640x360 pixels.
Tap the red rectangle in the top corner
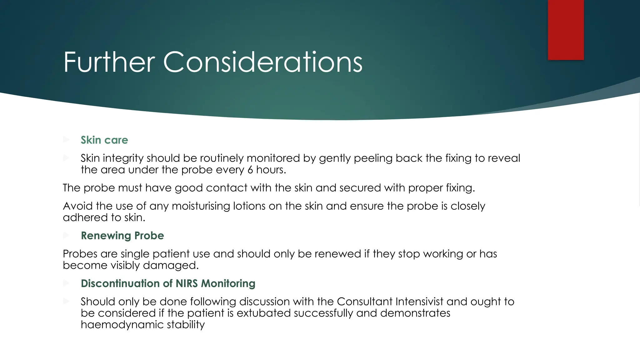(566, 30)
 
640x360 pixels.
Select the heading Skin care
(104, 140)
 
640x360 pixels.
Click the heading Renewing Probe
(122, 236)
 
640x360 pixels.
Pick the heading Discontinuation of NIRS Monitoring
(168, 283)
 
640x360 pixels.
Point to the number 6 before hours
(250, 170)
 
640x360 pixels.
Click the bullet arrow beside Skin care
(66, 139)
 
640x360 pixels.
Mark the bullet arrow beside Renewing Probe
(66, 235)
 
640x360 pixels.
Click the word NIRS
(187, 283)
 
